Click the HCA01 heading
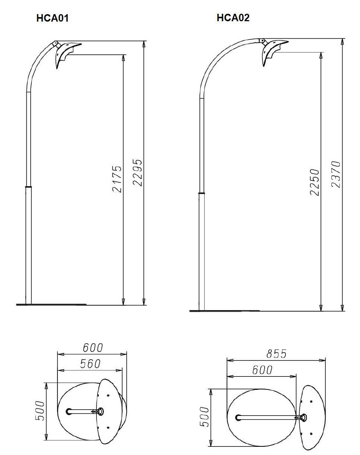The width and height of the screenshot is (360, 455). (53, 18)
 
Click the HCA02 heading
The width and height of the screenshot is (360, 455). (233, 17)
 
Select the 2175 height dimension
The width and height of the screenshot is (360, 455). (117, 179)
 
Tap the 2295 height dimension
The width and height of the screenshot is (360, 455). (137, 172)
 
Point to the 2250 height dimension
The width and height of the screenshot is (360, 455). (315, 182)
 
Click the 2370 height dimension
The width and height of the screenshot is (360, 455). (336, 174)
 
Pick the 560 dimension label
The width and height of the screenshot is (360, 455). (91, 364)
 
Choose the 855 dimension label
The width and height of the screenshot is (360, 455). (276, 353)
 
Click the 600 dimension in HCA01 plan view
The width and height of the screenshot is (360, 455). (92, 347)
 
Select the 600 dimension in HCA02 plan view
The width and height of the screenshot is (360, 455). (262, 370)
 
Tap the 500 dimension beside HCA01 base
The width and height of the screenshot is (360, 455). (40, 411)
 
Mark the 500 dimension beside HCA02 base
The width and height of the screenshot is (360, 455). (205, 417)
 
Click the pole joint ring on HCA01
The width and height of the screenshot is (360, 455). (29, 185)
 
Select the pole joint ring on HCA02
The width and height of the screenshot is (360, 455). (202, 193)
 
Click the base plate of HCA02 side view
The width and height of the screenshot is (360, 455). (224, 311)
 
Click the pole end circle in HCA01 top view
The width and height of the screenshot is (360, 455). (69, 411)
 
